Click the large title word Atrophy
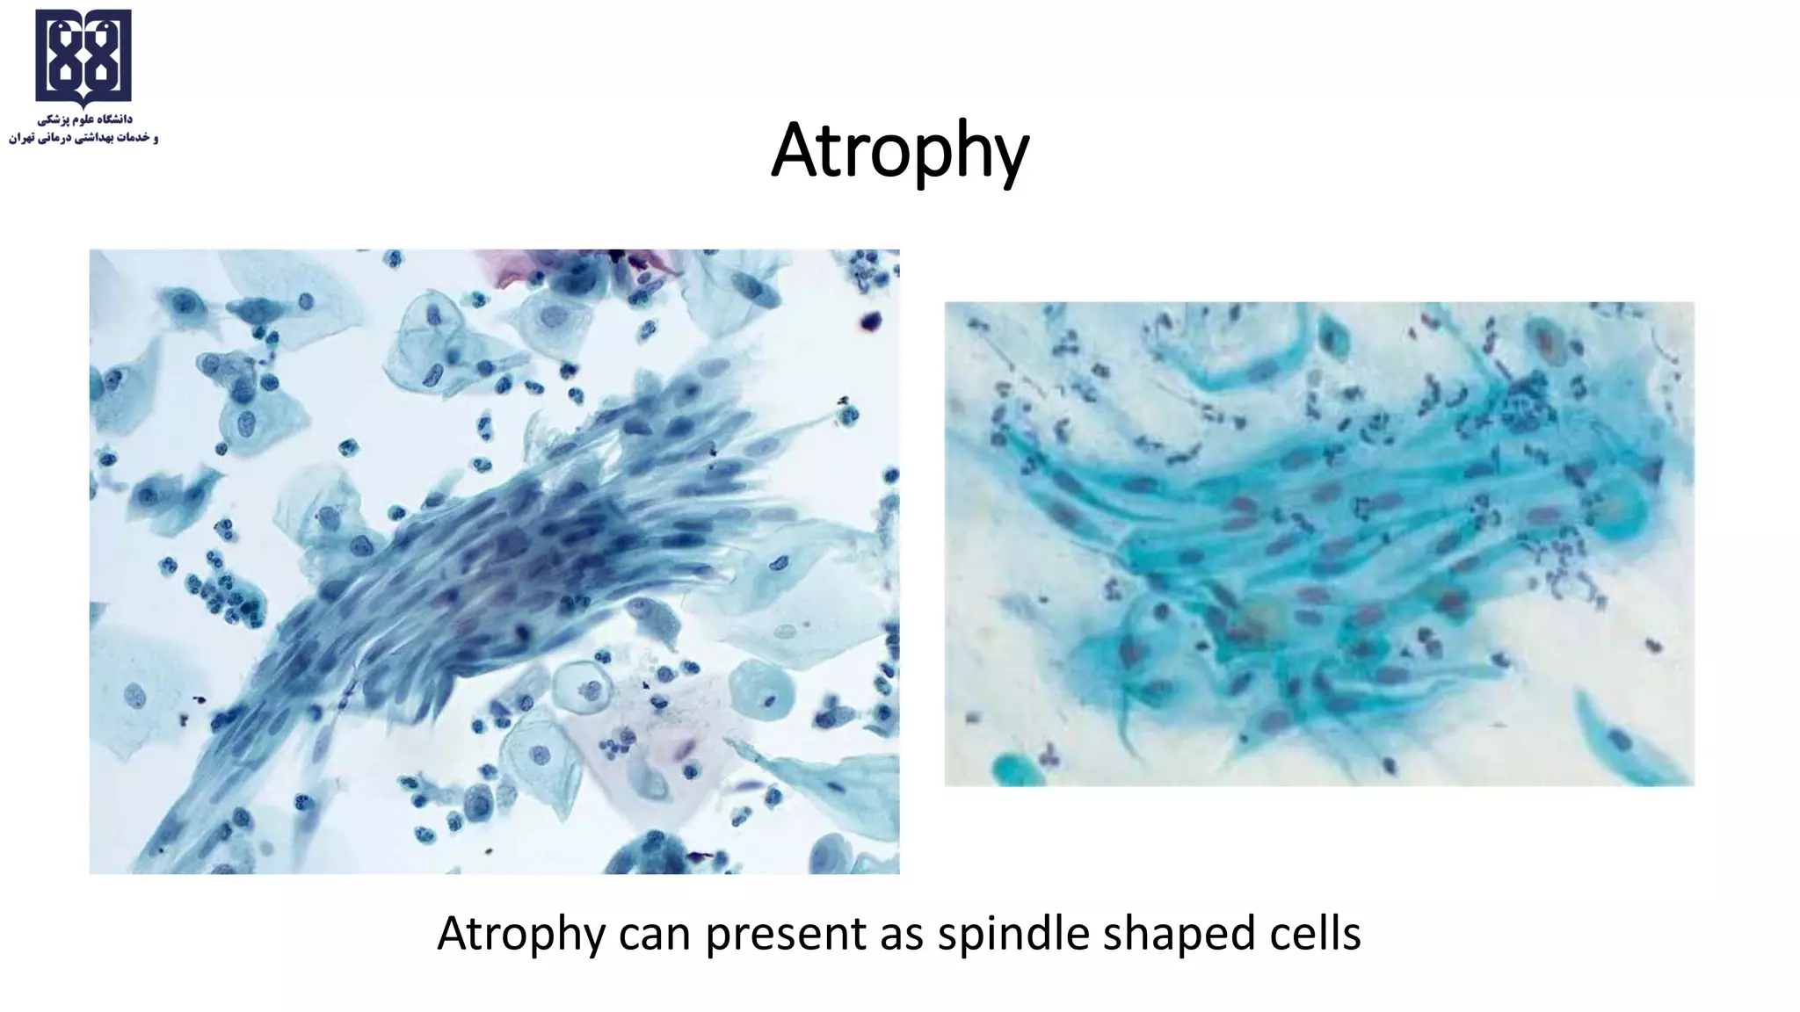[900, 151]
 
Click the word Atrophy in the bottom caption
[520, 934]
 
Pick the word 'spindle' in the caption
[1012, 934]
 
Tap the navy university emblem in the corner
[83, 57]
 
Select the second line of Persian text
[83, 138]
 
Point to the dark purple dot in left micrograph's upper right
[872, 322]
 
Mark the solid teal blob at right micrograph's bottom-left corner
[1011, 769]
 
